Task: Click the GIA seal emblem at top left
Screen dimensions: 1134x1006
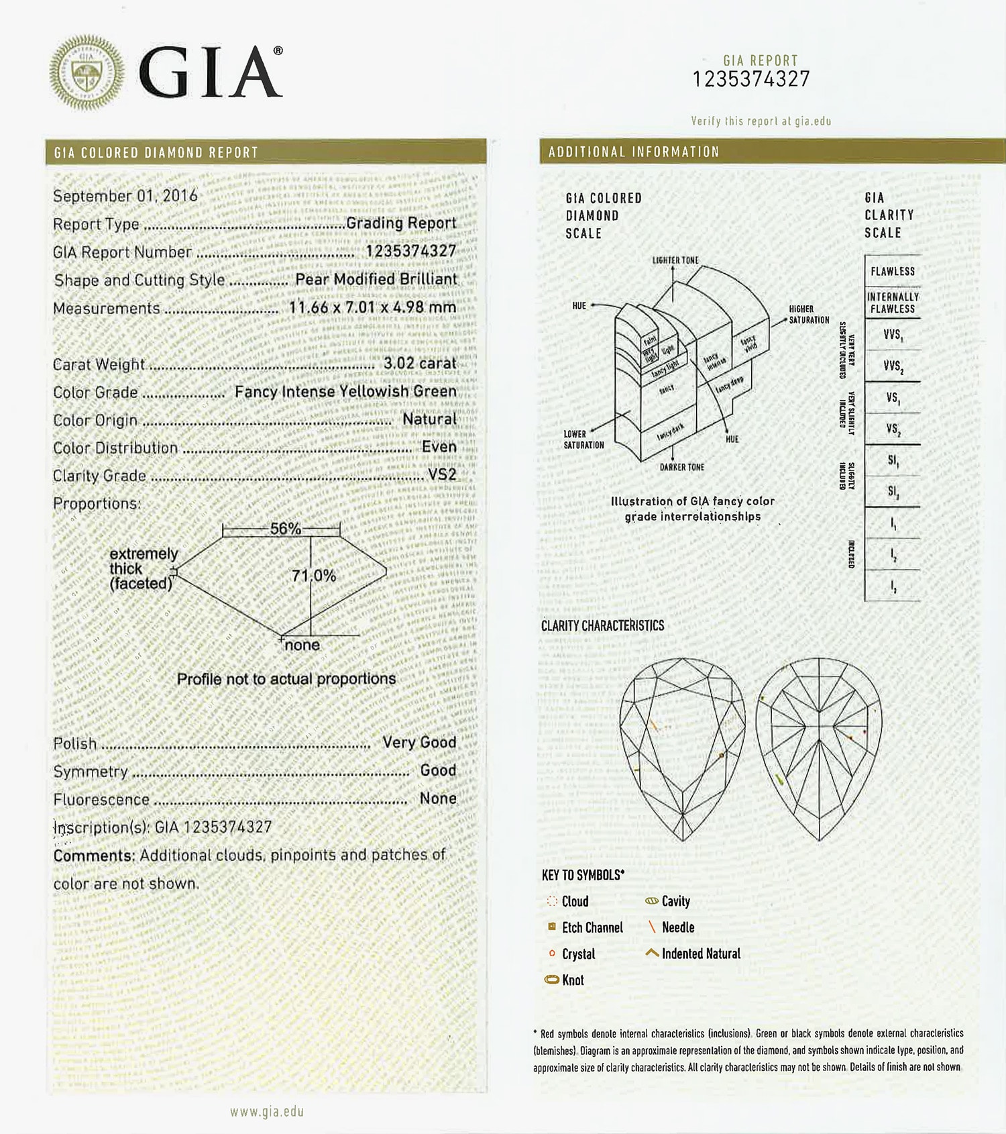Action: [87, 72]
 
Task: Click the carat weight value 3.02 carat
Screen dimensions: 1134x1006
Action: [420, 363]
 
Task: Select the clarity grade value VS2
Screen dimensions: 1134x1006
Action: [442, 474]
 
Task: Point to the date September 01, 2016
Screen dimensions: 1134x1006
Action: [125, 196]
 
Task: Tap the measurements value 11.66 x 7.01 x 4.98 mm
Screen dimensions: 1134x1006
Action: [372, 307]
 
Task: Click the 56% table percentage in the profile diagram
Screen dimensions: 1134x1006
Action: [285, 529]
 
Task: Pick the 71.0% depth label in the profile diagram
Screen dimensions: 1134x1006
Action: [313, 576]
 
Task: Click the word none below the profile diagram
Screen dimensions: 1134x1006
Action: [302, 646]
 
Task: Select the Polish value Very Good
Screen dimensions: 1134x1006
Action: [419, 742]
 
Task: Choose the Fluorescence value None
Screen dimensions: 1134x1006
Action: [438, 798]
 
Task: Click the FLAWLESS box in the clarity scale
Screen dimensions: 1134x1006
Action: [893, 271]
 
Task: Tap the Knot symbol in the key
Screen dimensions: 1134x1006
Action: [552, 980]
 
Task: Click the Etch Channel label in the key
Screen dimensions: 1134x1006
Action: [592, 927]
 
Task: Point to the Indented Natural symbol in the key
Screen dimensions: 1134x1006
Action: [651, 953]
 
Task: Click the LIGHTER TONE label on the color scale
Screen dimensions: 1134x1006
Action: [675, 260]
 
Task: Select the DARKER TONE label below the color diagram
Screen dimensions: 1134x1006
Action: [682, 467]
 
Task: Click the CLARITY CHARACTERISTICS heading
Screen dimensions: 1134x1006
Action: [602, 625]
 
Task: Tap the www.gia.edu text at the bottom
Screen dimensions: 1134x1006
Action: [267, 1112]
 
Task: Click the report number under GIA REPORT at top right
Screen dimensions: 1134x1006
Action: [751, 80]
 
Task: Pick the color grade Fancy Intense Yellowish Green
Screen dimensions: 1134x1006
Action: [345, 391]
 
